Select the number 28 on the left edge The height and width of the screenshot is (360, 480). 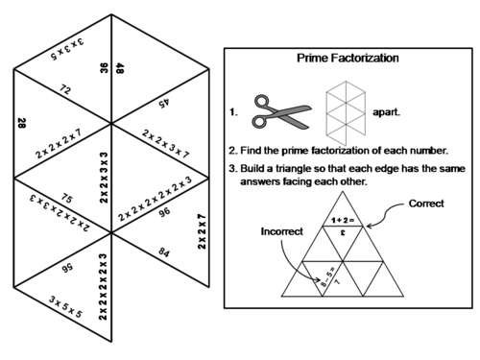20,124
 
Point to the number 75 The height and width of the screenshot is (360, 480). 65,199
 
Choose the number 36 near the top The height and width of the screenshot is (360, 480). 103,68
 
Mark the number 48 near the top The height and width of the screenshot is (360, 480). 120,69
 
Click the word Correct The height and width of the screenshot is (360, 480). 426,204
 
